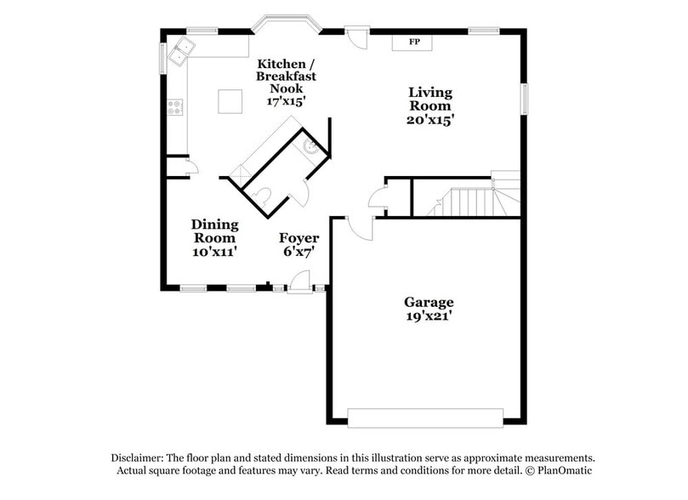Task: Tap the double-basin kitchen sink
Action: [x=179, y=52]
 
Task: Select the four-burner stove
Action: [x=175, y=107]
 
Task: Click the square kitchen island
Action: [x=230, y=101]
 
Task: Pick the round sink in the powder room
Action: [x=311, y=147]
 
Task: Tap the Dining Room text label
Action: [x=214, y=231]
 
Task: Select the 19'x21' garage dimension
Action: [x=428, y=316]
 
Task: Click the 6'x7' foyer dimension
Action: [x=299, y=252]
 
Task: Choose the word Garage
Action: [x=428, y=302]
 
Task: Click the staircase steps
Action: [x=467, y=202]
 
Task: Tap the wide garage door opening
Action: [x=425, y=418]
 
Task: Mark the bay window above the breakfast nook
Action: [x=285, y=22]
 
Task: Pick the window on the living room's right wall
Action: [x=525, y=98]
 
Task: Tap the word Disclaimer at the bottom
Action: [x=139, y=457]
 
